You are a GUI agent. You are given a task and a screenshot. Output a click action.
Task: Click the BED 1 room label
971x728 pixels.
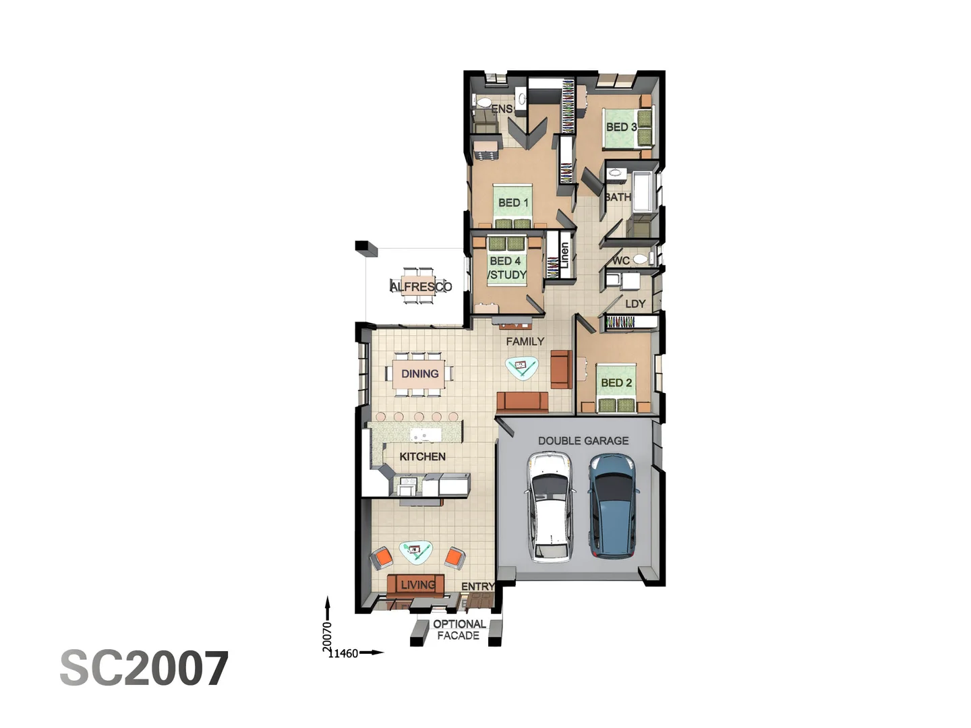513,202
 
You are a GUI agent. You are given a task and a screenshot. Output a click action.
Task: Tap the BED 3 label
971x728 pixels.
621,127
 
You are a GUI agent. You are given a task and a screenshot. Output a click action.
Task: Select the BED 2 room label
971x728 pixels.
616,382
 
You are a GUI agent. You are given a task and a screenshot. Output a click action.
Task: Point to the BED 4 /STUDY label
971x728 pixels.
507,268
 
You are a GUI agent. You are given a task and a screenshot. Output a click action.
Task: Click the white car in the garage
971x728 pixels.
550,507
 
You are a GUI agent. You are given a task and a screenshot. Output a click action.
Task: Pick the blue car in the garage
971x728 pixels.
612,506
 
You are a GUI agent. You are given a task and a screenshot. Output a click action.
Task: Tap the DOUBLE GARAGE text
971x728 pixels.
583,440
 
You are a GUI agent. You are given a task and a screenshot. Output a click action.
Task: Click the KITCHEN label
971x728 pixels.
422,456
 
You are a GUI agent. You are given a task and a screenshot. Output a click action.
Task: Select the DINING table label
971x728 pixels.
419,373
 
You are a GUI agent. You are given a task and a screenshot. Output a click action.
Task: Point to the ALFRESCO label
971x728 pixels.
421,286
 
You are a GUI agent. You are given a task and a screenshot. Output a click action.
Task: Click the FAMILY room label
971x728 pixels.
525,341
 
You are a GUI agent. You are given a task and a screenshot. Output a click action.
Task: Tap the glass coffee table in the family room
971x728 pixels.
521,367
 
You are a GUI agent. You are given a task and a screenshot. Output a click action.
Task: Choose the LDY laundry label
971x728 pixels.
635,303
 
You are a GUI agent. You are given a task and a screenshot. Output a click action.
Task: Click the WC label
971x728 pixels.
621,260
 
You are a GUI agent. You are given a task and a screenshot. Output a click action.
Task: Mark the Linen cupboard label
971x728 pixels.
564,256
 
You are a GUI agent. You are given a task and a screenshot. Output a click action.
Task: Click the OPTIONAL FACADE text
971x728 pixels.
459,630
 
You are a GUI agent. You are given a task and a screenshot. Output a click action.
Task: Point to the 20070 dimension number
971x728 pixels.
328,636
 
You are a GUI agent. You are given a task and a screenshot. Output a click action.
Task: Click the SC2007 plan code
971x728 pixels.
144,669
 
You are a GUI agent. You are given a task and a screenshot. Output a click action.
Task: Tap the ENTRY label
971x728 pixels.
477,586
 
